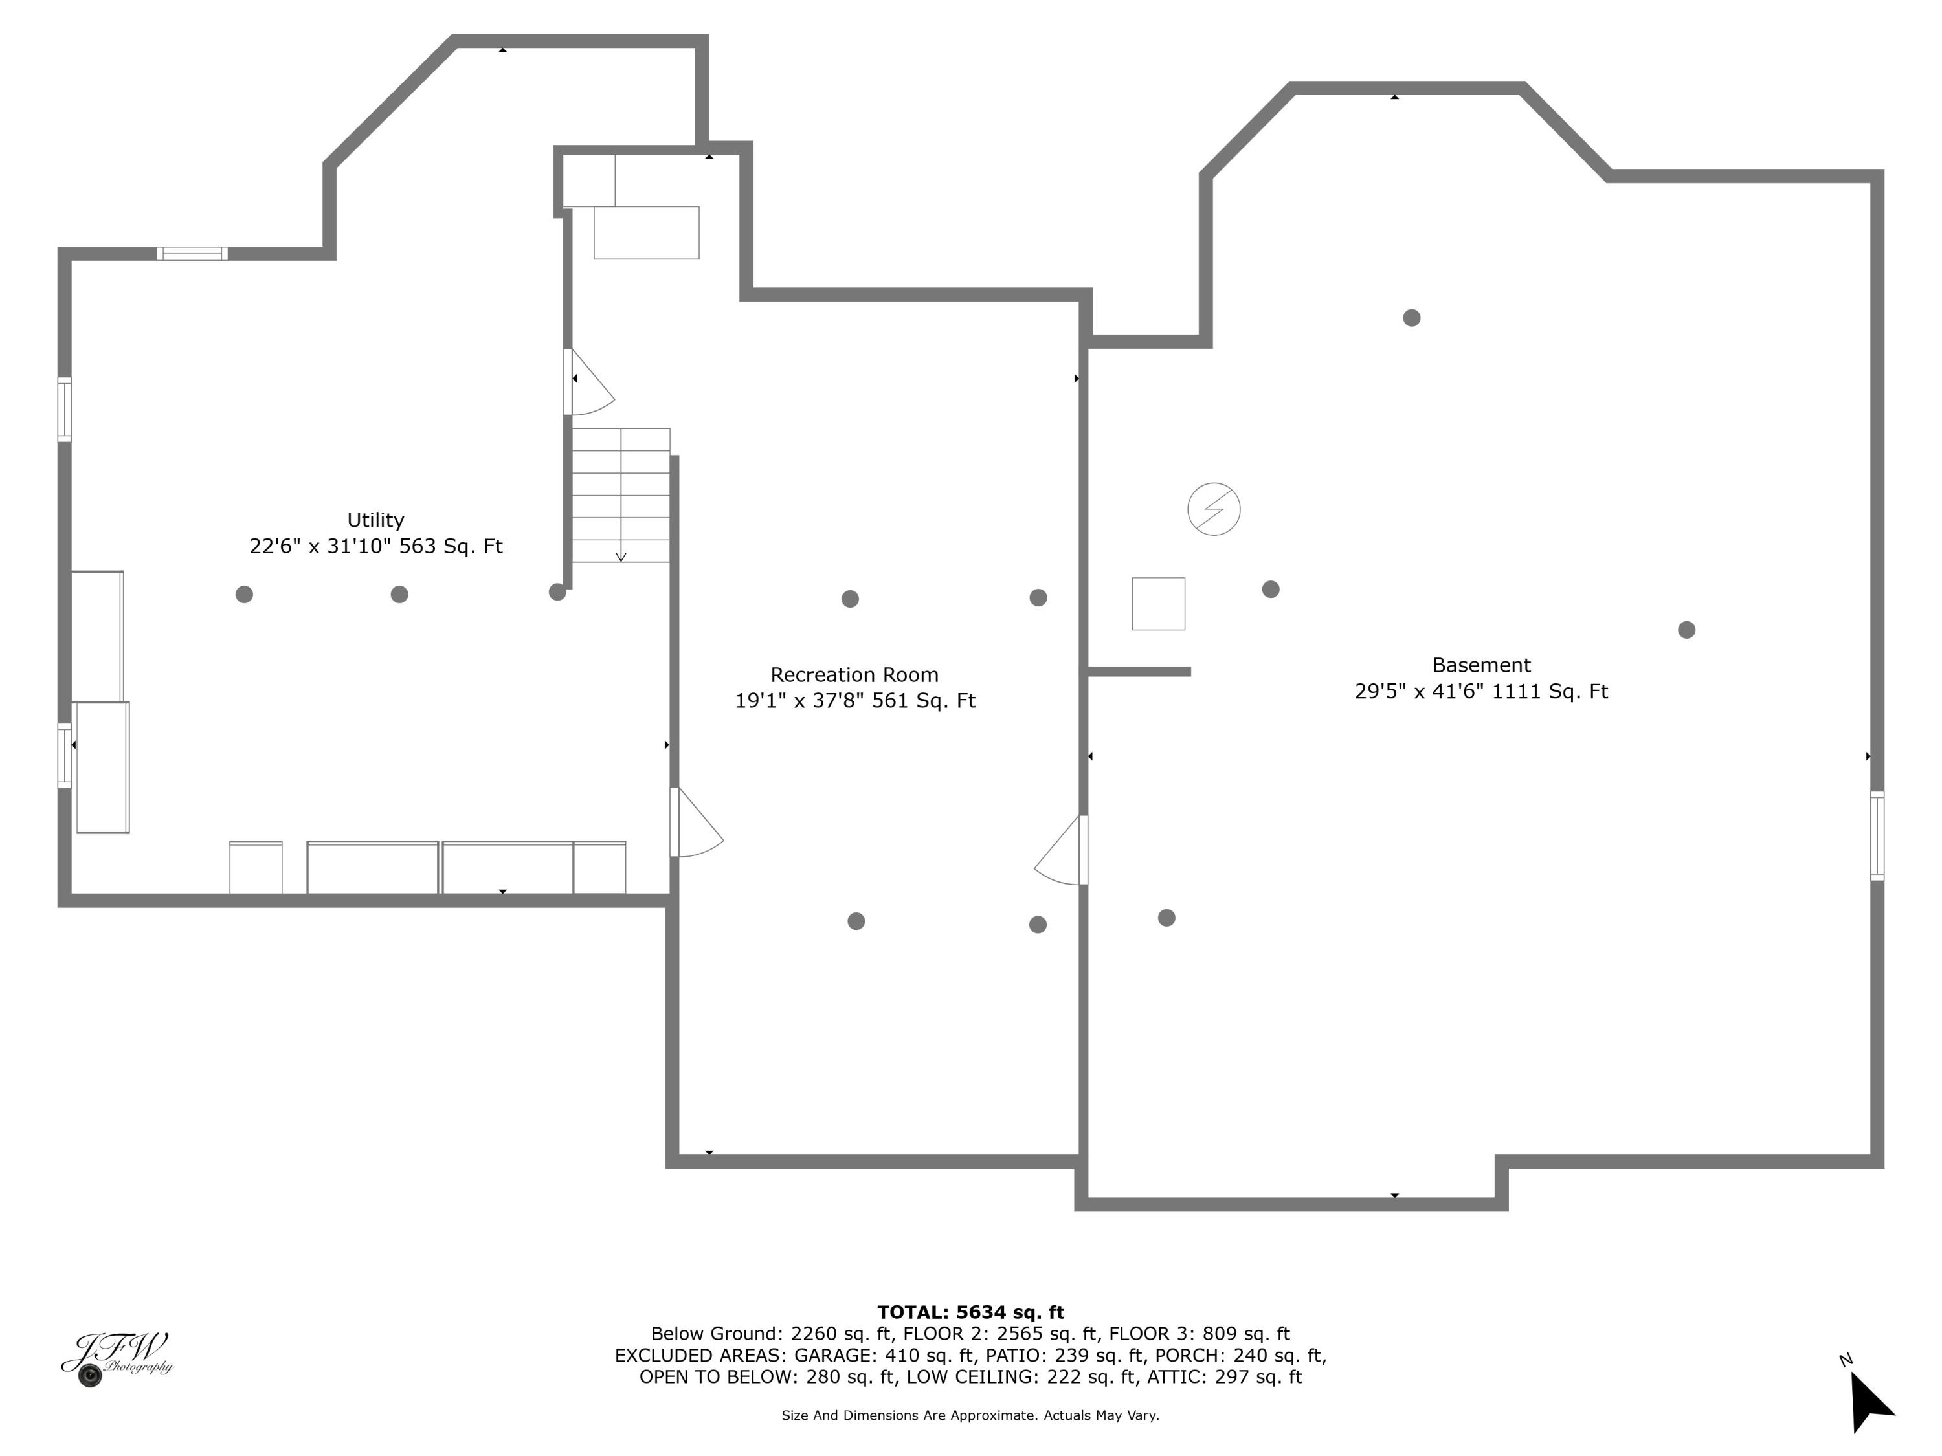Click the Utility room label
tap(375, 520)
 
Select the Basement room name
tap(1480, 665)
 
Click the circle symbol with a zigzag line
tap(1213, 509)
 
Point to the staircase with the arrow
tap(621, 496)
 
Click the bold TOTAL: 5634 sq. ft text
tap(970, 1312)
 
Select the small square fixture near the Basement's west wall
tap(1158, 604)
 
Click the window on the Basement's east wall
tap(1876, 835)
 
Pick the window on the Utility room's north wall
tap(192, 254)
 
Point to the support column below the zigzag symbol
tap(1269, 590)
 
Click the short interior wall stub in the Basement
tap(1139, 672)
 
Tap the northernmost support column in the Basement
tap(1411, 318)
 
